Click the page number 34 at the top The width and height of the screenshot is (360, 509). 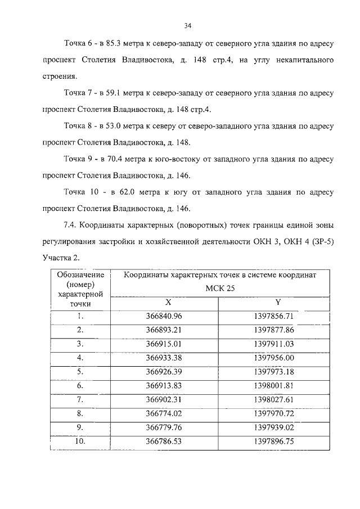(188, 25)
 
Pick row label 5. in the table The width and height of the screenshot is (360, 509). (80, 371)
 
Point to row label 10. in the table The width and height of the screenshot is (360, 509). (80, 442)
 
